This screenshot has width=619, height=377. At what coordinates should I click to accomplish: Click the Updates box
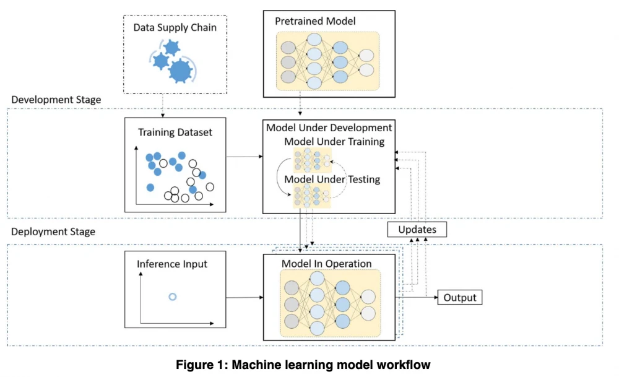click(417, 230)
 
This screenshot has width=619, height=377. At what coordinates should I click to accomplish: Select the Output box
click(460, 298)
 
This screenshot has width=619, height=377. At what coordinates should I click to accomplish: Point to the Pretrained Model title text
click(316, 22)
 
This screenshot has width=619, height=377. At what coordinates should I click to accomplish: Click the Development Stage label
click(56, 100)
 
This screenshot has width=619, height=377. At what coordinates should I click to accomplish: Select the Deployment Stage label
click(54, 232)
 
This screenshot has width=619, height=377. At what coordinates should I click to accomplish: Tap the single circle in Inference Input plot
click(173, 297)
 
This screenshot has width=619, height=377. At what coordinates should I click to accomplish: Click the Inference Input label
click(172, 264)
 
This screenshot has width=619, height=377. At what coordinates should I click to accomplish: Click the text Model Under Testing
click(332, 180)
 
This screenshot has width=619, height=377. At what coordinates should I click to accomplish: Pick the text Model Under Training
click(334, 142)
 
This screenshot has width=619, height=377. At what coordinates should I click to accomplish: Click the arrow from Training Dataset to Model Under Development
click(245, 157)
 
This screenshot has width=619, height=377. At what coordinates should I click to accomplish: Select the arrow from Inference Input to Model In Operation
click(245, 298)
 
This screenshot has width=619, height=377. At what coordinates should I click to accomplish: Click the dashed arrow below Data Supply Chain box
click(162, 105)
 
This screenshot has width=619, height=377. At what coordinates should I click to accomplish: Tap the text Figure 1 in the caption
click(200, 365)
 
